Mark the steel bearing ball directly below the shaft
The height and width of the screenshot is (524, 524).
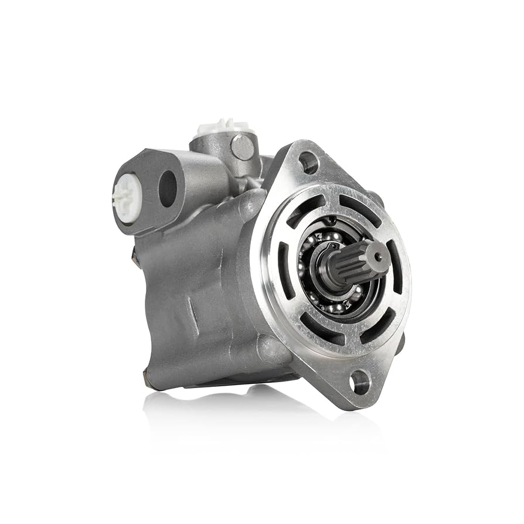pyautogui.click(x=336, y=308)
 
